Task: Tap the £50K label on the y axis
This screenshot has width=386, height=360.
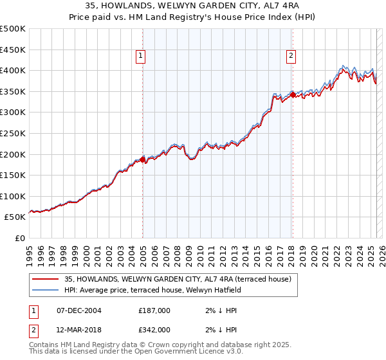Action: [15, 217]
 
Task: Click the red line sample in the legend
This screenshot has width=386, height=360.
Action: [46, 279]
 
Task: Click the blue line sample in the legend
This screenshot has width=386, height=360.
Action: [46, 290]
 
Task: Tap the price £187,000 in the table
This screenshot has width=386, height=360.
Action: [154, 310]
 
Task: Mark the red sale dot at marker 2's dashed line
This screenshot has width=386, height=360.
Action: [293, 94]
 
